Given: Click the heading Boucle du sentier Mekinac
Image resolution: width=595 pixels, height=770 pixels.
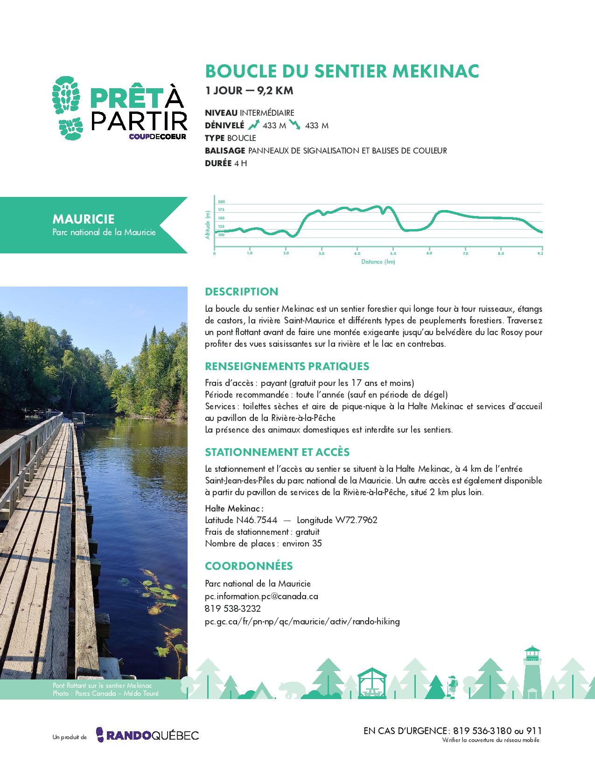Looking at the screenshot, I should [342, 71].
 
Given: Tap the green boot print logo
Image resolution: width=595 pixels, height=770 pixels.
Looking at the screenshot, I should [68, 108].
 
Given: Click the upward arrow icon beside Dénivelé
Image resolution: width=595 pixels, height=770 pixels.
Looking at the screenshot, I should [253, 125].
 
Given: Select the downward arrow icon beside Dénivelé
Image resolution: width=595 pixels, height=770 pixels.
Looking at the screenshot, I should [294, 125].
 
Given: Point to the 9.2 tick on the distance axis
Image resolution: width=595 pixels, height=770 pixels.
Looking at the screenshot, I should [540, 254].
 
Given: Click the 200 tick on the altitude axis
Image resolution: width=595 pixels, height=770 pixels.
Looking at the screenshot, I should [221, 201].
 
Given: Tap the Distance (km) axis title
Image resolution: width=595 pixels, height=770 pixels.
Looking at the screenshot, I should [378, 262].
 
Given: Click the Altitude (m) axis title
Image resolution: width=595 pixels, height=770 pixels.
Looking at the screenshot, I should [208, 224].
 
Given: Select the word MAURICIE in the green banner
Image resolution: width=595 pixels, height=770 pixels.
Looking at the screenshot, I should [84, 219].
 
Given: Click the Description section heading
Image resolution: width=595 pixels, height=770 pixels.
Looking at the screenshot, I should [241, 292].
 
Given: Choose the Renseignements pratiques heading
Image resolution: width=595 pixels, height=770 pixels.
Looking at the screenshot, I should [287, 366].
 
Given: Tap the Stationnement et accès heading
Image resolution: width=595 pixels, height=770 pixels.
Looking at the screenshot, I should [277, 452].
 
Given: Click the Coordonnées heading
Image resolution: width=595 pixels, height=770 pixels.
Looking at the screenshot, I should [249, 566].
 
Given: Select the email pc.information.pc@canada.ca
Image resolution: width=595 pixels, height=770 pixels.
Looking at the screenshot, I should [261, 596].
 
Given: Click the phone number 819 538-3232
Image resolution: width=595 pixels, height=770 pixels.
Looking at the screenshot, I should [233, 609].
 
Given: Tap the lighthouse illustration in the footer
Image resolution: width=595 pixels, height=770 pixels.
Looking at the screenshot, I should [532, 672].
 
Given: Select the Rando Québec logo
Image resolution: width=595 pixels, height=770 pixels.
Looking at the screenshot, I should [147, 735].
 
